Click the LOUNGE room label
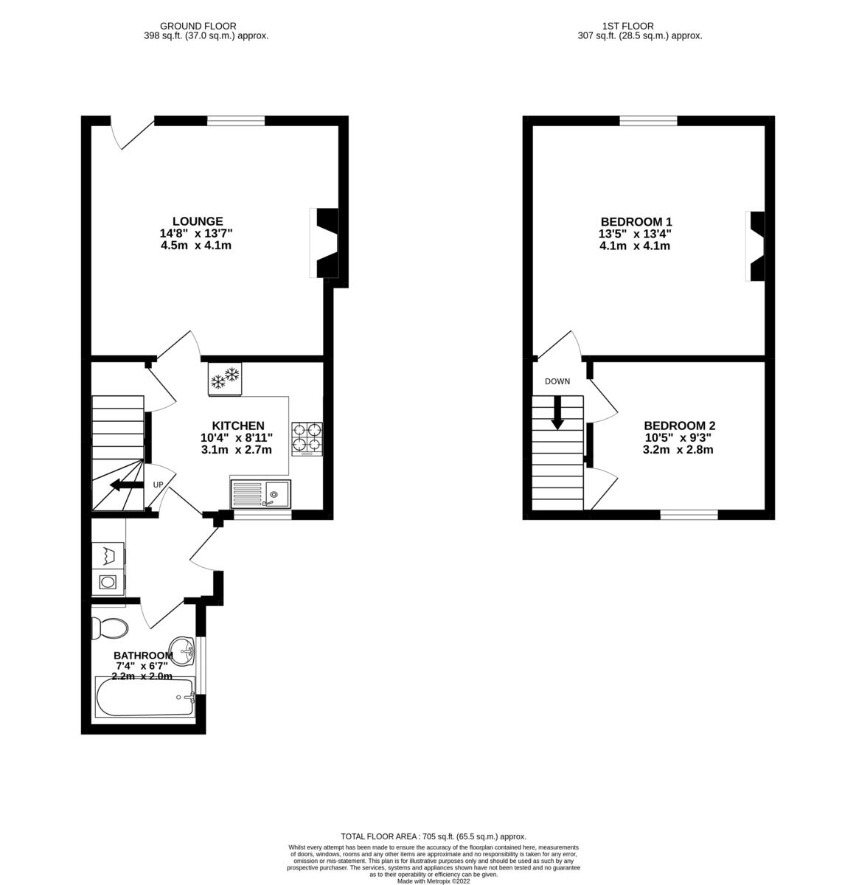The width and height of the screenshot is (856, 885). click(x=197, y=221)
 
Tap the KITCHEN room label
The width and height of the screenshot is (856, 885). click(x=237, y=426)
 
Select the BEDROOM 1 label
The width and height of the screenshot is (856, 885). click(x=636, y=222)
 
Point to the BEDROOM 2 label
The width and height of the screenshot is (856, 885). click(x=679, y=426)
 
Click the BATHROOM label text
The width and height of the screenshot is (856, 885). click(x=143, y=656)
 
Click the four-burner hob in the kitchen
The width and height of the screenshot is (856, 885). click(x=307, y=437)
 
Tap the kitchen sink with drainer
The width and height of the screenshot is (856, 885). click(x=261, y=493)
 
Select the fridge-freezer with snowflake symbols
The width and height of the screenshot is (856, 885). click(x=226, y=379)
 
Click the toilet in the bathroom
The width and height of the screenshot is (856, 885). click(x=108, y=628)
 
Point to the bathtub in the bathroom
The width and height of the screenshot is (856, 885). click(x=145, y=697)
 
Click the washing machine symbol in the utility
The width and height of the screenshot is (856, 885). click(x=108, y=583)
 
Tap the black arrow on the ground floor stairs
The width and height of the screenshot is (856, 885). click(x=126, y=485)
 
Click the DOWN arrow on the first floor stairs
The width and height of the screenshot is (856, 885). click(x=557, y=412)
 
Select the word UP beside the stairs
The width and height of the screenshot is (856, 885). click(x=158, y=485)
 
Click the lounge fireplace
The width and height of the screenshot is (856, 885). click(x=325, y=243)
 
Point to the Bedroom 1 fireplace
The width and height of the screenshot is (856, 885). click(x=755, y=246)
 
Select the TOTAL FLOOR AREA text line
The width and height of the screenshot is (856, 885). click(x=433, y=836)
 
